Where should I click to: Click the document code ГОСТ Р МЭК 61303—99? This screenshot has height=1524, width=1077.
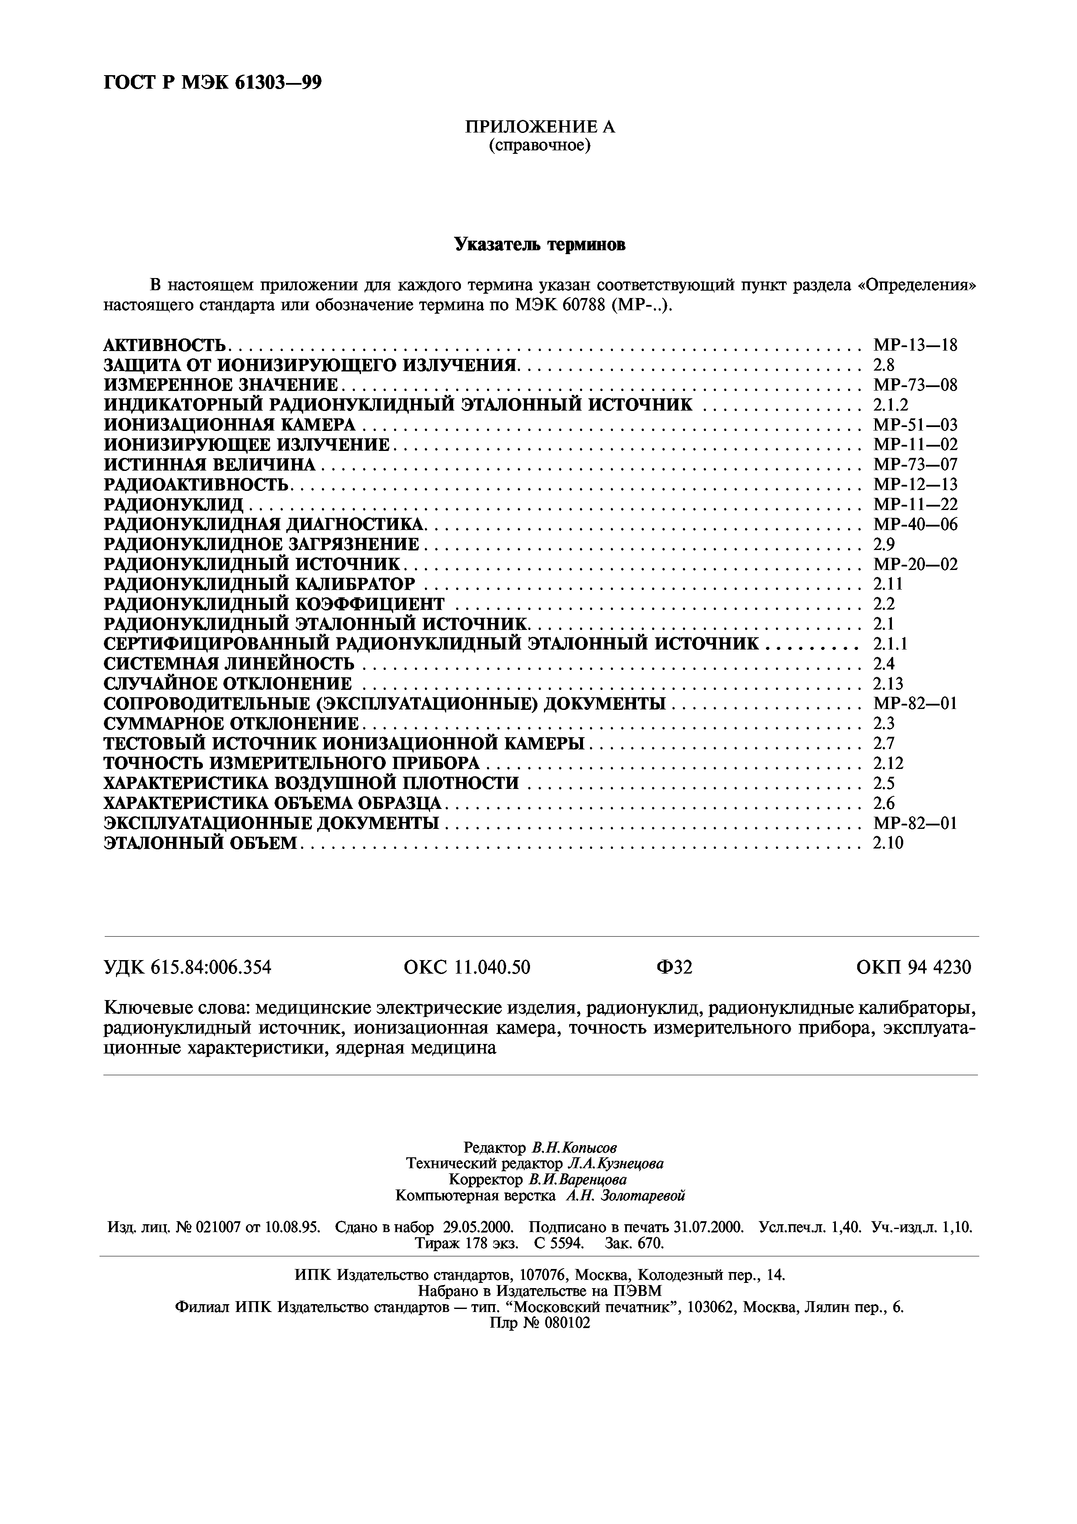[x=213, y=82]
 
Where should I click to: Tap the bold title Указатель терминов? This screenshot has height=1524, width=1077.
[x=540, y=245]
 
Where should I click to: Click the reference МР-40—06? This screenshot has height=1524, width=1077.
[x=915, y=524]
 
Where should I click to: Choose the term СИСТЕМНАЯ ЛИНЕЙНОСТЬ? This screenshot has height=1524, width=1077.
[x=229, y=664]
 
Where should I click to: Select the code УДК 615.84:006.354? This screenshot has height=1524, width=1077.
[x=188, y=968]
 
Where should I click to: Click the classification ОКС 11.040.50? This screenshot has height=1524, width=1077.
[x=467, y=968]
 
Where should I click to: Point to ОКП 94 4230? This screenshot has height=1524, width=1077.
[x=914, y=968]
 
